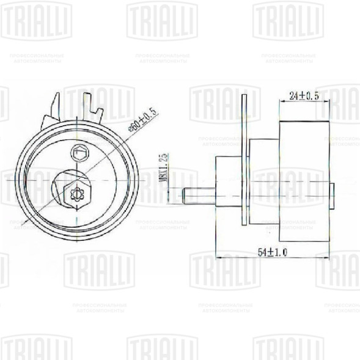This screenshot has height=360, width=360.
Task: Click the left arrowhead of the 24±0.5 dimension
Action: (282, 101)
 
